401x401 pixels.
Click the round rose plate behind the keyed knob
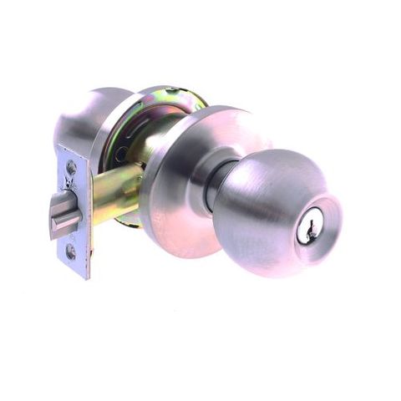click(180, 180)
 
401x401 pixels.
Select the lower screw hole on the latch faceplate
click(71, 250)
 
